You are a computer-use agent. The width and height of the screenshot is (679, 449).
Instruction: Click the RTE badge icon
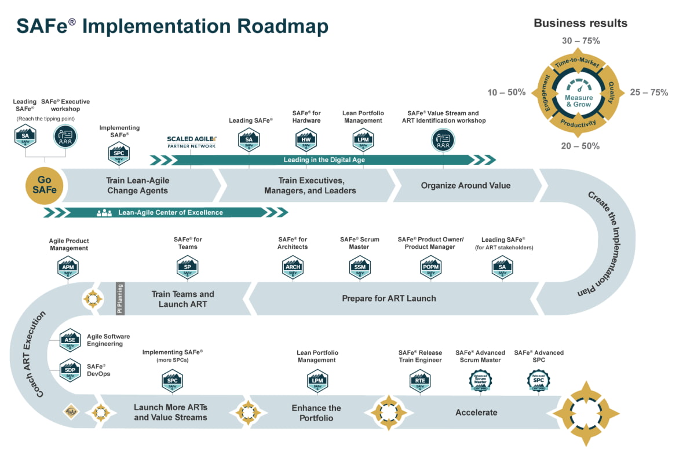point(419,381)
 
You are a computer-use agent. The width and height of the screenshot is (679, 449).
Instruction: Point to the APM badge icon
point(68,267)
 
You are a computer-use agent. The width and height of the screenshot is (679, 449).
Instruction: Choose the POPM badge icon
point(430,267)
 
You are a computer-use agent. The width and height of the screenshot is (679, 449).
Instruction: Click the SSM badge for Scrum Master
point(359,267)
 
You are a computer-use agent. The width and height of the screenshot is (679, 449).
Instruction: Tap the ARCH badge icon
point(292,267)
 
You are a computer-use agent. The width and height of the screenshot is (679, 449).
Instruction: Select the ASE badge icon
point(70,340)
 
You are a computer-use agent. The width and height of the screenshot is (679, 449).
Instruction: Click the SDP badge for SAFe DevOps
point(70,370)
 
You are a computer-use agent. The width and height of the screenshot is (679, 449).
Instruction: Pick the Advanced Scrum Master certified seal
point(480,381)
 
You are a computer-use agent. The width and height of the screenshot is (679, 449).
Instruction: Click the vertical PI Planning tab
point(121,299)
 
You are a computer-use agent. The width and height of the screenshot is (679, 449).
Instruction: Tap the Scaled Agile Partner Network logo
point(191,142)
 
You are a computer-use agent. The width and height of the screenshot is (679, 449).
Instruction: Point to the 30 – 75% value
point(581,41)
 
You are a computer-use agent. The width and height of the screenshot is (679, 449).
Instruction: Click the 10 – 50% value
point(506,92)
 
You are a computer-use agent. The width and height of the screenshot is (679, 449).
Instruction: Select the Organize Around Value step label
point(466,186)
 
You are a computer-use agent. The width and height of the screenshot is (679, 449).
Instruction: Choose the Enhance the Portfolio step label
point(316,413)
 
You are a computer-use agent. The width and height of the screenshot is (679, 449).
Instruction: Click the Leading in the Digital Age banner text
point(324,160)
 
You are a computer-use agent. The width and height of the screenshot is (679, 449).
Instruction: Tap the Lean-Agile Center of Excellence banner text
point(170,212)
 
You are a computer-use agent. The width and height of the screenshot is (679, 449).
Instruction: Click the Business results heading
point(580,23)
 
